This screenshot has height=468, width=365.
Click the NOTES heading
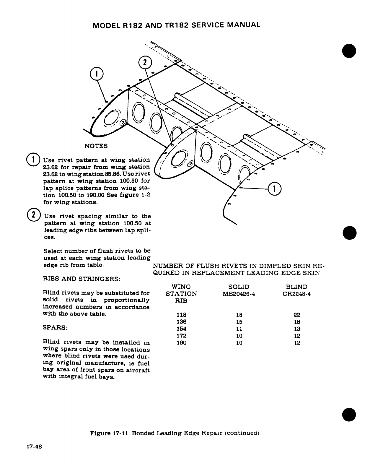point(96,146)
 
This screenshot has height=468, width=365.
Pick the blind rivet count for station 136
point(297,322)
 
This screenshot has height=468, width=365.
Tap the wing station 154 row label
point(181,329)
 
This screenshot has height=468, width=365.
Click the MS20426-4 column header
point(239,294)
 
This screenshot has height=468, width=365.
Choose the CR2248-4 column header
point(297,294)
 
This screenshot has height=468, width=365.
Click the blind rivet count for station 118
point(297,315)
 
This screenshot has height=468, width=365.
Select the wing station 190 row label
point(181,343)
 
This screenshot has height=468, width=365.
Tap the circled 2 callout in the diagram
point(145,63)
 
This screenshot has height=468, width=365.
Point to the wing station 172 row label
point(181,336)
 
